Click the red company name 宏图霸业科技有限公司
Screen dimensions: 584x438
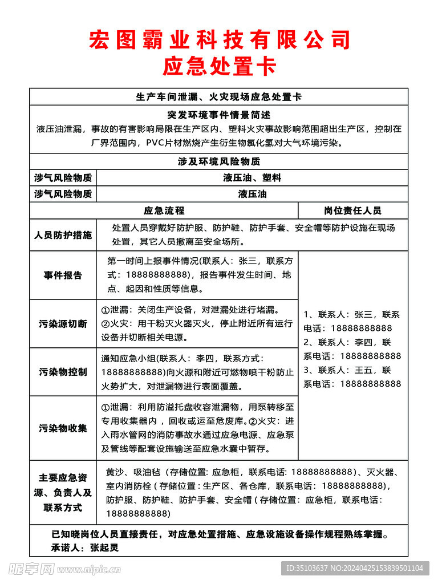pos(219,40)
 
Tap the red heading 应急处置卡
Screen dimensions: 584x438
pos(219,67)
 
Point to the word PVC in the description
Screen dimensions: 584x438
pos(156,143)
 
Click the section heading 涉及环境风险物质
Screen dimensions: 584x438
pos(219,162)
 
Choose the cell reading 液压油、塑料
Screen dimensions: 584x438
pos(252,178)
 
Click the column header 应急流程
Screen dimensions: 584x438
pos(164,210)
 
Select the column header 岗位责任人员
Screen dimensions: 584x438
pos(352,210)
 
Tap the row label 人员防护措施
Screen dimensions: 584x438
pos(63,234)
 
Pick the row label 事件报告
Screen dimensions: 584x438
pos(63,275)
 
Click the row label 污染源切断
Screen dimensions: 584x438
pos(63,324)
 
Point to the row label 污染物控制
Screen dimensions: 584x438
pos(63,372)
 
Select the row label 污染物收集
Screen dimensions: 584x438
pos(63,428)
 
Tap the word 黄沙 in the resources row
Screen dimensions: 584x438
pos(115,472)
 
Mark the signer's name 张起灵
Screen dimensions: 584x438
pos(106,547)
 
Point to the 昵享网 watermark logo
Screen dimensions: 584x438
pos(31,569)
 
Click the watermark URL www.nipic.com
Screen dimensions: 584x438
pos(88,569)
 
